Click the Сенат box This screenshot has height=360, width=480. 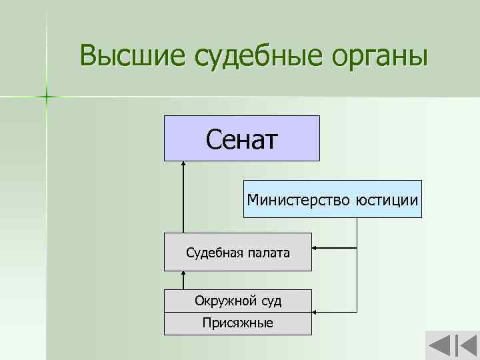point(242,138)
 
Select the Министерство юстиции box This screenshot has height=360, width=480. point(332,199)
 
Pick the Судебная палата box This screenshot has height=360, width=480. point(237,252)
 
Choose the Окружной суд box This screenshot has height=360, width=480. point(237,301)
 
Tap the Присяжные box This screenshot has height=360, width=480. point(237,323)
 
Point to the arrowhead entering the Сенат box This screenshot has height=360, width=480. point(183,165)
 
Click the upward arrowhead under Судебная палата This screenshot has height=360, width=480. point(183,274)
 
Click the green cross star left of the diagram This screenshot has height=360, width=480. point(47,97)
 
